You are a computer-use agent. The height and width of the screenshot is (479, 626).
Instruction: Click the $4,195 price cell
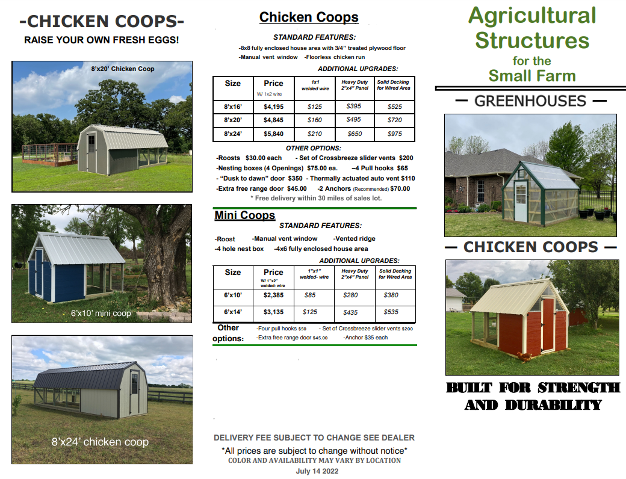pos(273,107)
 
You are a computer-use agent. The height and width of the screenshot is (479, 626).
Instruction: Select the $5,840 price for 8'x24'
pos(273,134)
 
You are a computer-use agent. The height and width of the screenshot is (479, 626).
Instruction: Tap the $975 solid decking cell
pos(394,134)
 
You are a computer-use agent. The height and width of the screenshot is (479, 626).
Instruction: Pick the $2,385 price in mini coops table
pos(273,295)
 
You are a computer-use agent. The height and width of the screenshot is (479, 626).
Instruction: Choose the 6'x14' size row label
pos(232,312)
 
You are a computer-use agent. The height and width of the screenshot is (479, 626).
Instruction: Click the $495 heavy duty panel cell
pos(354,120)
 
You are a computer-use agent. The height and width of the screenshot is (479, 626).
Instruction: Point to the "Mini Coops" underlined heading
pos(244,215)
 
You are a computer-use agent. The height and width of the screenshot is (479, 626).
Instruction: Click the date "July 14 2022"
pos(317,471)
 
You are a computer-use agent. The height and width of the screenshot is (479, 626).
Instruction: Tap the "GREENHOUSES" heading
pos(530,101)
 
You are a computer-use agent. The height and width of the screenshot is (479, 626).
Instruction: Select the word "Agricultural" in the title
pos(532,16)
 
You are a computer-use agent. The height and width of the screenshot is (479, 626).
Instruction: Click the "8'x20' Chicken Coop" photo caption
pos(122,69)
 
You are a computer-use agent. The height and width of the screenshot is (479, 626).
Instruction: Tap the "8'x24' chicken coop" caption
pos(100,442)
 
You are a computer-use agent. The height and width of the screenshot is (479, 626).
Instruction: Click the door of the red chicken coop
pos(547,325)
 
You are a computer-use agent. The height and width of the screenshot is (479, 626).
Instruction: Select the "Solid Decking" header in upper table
pos(393,85)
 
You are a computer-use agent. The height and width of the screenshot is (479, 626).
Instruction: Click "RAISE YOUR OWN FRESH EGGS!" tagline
pos(101,40)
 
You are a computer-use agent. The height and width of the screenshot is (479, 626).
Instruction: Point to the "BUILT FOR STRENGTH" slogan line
pos(533,387)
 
